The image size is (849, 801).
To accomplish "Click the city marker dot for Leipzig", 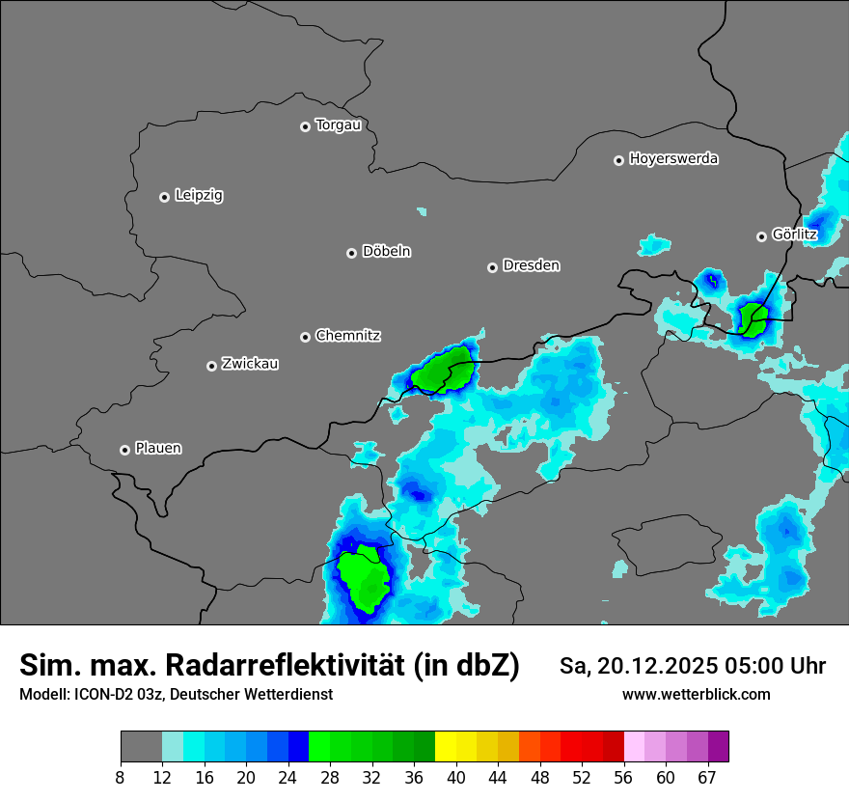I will tap(164, 197).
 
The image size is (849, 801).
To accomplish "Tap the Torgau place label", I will tap(338, 125).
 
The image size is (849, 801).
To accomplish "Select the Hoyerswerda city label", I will tap(673, 159).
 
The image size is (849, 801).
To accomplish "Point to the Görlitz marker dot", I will tap(761, 236).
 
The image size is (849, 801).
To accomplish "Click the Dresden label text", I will tap(531, 265).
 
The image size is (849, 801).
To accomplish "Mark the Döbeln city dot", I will tap(351, 253).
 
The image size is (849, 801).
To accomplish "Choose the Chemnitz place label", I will tap(347, 336).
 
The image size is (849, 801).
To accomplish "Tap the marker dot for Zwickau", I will tap(211, 366).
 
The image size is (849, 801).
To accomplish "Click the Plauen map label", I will tap(158, 449).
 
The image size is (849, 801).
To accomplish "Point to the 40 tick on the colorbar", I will tap(456, 778).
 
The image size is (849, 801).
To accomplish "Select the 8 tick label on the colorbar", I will tap(121, 778).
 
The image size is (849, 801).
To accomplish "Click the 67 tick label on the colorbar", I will tap(706, 778).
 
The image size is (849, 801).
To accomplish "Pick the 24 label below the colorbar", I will tap(288, 778).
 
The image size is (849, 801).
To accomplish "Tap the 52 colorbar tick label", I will tap(581, 778).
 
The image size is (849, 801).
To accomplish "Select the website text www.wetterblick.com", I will tap(696, 695).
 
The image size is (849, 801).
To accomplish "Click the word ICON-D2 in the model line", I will tap(103, 695).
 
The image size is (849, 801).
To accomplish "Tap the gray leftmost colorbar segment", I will tap(141, 747).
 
